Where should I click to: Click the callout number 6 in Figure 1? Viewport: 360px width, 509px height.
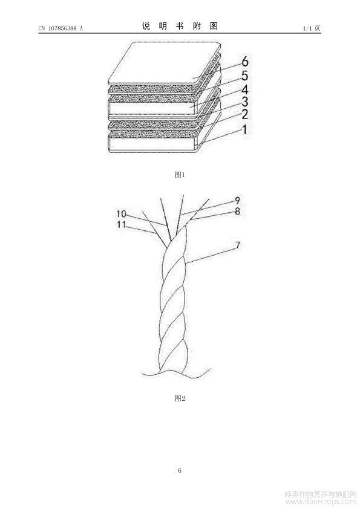click(245, 61)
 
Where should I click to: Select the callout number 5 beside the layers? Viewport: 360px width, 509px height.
click(244, 76)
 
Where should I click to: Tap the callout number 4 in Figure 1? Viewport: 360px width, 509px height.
click(244, 89)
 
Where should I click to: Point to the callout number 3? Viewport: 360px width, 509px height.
click(244, 102)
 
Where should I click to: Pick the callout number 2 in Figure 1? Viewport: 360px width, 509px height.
click(244, 115)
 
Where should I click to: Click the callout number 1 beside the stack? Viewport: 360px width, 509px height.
click(244, 129)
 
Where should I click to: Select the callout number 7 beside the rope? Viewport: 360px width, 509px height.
click(238, 245)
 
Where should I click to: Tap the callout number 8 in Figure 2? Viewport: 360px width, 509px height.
click(238, 212)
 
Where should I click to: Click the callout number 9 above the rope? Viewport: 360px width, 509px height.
click(238, 200)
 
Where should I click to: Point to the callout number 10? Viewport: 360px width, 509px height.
click(121, 214)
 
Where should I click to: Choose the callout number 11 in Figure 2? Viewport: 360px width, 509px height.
click(121, 224)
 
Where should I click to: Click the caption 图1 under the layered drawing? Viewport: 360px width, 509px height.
click(180, 175)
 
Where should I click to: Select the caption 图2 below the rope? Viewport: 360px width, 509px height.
click(180, 398)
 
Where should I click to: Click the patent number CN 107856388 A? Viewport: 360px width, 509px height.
click(61, 28)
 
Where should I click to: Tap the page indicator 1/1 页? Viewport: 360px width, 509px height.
click(312, 28)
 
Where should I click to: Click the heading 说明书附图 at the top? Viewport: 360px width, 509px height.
click(180, 26)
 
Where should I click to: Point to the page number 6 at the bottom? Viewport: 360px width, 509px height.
click(180, 470)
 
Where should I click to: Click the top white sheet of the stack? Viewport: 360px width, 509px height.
click(164, 65)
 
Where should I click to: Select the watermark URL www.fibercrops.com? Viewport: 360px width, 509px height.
click(320, 502)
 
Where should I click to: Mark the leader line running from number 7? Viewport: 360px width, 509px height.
click(211, 256)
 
